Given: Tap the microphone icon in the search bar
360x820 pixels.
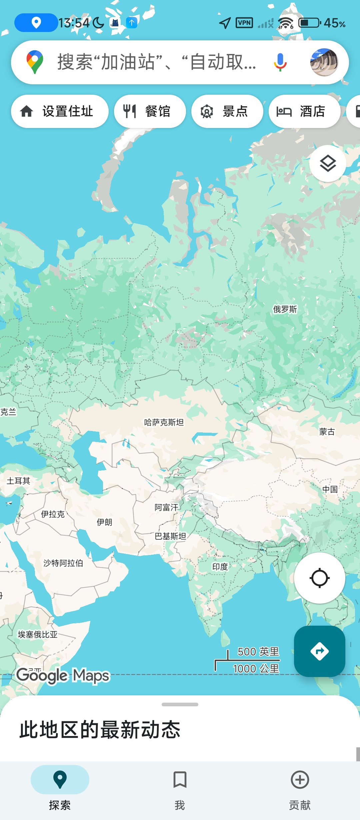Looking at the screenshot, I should tap(280, 62).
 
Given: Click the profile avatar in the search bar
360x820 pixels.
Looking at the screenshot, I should tap(324, 62).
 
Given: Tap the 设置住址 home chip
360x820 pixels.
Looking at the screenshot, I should tap(60, 111).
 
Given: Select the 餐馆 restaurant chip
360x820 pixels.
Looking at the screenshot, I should tap(150, 111).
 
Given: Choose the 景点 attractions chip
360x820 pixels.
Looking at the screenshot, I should tap(227, 111).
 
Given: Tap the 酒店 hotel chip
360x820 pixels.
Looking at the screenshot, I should tap(305, 111).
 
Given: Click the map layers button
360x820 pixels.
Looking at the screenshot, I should tap(328, 164).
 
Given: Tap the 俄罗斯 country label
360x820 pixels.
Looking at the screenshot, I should tap(285, 309).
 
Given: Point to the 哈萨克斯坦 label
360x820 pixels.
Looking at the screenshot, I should tap(164, 422).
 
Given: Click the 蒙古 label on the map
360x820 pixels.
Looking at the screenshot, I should tap(327, 432).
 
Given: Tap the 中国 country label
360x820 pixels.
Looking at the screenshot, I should tap(330, 489).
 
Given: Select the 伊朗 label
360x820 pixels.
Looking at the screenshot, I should tap(104, 522).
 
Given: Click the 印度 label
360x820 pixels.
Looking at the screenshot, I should tap(220, 566).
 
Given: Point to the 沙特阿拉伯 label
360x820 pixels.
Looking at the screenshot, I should tap(63, 563).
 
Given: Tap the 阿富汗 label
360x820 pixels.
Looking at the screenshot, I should tap(166, 507).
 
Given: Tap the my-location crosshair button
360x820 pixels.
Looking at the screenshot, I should tap(319, 578).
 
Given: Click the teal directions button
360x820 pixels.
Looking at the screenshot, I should tap(319, 651).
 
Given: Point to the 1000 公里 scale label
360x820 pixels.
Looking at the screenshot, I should tap(256, 668).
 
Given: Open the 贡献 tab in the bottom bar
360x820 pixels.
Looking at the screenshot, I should tap(300, 787).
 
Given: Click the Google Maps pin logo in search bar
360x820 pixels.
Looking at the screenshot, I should tap(35, 62).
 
